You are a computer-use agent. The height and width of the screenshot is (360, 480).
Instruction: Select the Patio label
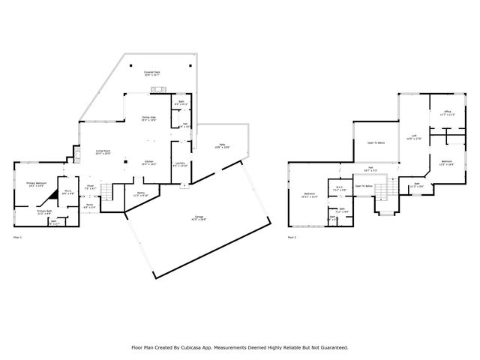click(x=222, y=146)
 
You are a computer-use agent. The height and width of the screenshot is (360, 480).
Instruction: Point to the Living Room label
click(x=103, y=152)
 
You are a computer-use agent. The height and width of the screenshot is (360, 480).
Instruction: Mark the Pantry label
click(x=140, y=193)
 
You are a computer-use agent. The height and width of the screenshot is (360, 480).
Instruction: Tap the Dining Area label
click(x=148, y=118)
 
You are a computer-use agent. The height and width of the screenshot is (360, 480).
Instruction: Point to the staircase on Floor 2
click(x=384, y=193)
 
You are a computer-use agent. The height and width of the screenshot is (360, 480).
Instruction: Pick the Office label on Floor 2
click(x=447, y=112)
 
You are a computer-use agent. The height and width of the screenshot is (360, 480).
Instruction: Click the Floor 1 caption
click(x=18, y=238)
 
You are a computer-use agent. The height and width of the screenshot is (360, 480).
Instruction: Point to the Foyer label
click(x=90, y=187)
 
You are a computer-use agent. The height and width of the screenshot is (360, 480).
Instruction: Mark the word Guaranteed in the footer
click(x=332, y=347)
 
